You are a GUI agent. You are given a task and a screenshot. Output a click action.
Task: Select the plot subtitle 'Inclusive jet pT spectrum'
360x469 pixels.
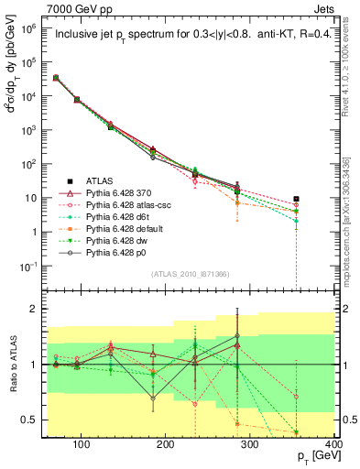118,37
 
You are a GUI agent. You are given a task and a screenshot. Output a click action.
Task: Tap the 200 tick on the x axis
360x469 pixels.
166,442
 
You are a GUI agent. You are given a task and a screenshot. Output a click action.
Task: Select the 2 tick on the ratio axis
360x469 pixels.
34,309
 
